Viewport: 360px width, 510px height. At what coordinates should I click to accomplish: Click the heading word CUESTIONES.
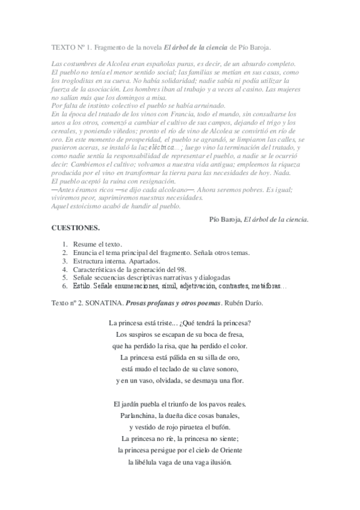pyautogui.click(x=76, y=229)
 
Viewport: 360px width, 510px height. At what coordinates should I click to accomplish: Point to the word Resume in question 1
pyautogui.click(x=85, y=244)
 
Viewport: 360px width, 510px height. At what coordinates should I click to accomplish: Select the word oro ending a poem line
pyautogui.click(x=236, y=357)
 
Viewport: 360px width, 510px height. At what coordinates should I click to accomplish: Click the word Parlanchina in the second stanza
pyautogui.click(x=138, y=415)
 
